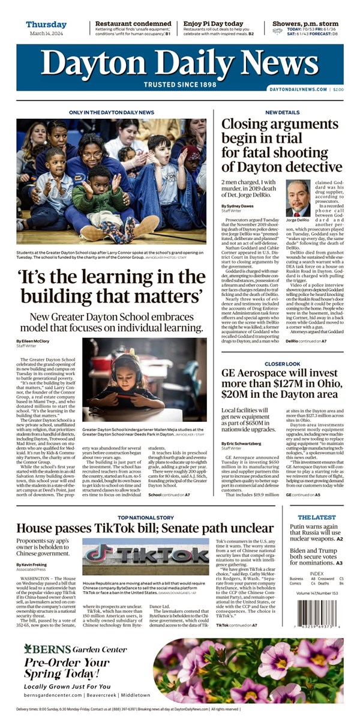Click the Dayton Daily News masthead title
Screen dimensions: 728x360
pos(180,62)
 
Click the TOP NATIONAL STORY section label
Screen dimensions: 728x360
pos(146,517)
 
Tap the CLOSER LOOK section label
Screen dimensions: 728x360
pos(283,364)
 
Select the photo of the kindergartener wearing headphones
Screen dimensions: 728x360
pos(145,388)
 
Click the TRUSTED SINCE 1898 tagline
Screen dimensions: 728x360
pos(180,84)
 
